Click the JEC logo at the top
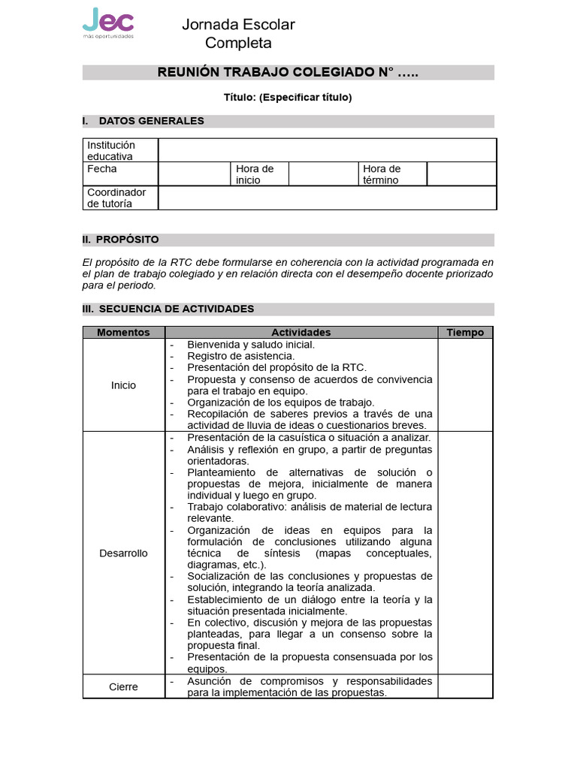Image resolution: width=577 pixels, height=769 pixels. (x=107, y=23)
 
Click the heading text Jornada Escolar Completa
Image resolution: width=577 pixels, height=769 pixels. (x=238, y=34)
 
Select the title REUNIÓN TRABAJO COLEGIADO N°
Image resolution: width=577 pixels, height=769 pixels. (x=288, y=73)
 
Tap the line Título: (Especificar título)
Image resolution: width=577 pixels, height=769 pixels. (x=288, y=97)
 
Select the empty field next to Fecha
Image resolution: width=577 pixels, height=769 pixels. (x=193, y=174)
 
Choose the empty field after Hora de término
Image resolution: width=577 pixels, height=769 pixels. (x=461, y=174)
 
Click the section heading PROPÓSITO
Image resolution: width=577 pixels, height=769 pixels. (x=127, y=240)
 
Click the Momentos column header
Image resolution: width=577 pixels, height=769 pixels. (x=123, y=333)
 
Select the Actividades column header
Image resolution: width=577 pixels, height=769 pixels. (x=301, y=333)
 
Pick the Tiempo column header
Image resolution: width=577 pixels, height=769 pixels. (x=465, y=333)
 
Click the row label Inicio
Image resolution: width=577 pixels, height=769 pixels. (x=123, y=385)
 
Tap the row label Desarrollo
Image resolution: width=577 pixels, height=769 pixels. (x=123, y=553)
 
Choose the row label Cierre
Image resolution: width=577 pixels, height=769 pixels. (x=123, y=686)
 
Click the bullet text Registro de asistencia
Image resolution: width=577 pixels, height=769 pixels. (x=240, y=356)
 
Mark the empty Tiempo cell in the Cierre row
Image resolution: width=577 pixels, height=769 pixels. (x=465, y=686)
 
